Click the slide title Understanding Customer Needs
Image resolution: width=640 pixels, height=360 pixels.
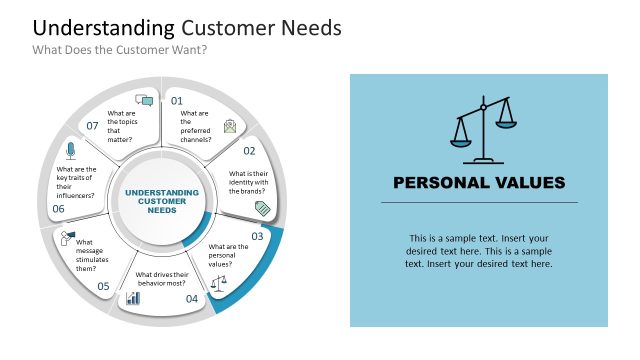point(187,27)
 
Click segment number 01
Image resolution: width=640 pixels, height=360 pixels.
point(177,101)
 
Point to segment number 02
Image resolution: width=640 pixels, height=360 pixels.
point(250,151)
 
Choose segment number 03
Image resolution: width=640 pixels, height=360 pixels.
point(257,237)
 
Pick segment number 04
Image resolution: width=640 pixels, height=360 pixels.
point(192,298)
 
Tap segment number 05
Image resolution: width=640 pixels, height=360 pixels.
point(103,286)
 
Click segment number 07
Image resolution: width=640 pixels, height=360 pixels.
point(92,126)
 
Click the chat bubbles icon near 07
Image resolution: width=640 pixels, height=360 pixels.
point(144,100)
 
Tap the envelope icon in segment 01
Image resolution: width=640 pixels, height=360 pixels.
point(231,125)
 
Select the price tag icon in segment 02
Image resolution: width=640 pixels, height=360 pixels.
point(262,207)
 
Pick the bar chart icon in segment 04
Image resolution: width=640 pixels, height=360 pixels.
point(133,298)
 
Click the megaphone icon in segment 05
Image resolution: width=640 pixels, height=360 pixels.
point(67,238)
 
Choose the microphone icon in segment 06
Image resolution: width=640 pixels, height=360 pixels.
point(70,150)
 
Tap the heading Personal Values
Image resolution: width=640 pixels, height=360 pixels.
point(479,182)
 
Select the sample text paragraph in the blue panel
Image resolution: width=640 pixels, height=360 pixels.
point(479,251)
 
